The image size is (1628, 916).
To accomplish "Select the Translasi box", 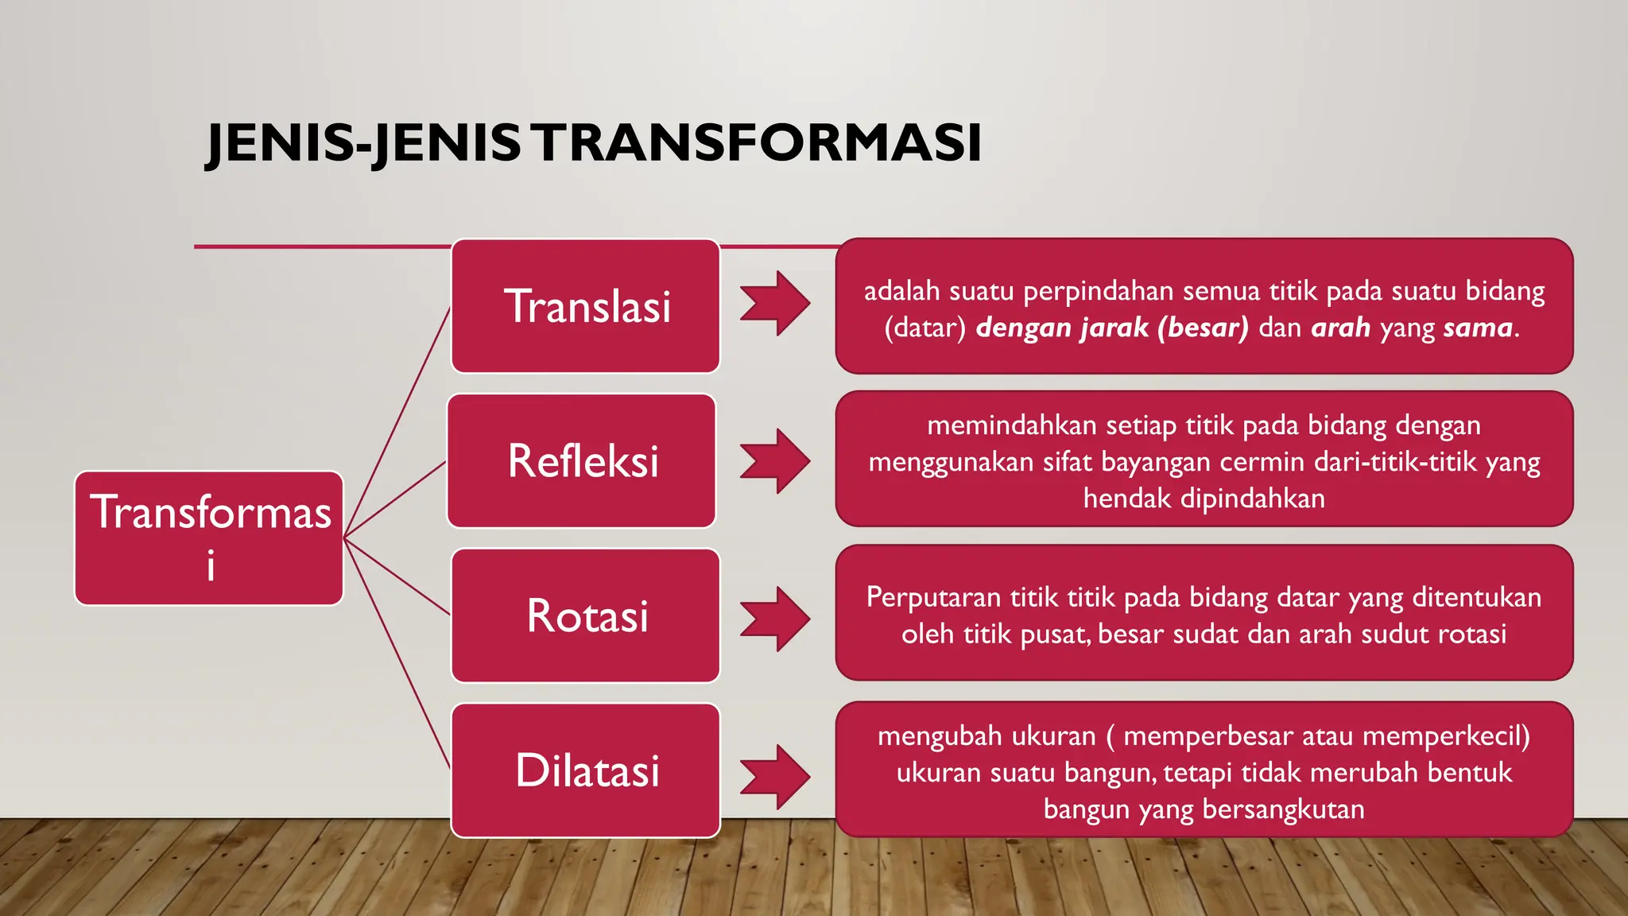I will [x=586, y=306].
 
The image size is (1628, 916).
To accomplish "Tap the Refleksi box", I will [x=582, y=461].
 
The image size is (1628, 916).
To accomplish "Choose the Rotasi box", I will [x=586, y=615].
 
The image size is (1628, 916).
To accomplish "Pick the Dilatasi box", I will [x=586, y=770].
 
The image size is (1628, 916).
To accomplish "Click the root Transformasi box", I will [x=209, y=538].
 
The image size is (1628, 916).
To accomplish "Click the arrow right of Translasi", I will [x=775, y=304].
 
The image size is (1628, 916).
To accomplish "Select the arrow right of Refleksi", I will [x=775, y=461].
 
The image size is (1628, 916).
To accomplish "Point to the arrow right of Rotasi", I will [x=775, y=619].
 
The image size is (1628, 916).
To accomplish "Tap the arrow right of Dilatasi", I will [x=775, y=777].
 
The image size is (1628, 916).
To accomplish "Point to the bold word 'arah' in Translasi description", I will [x=1341, y=328].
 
